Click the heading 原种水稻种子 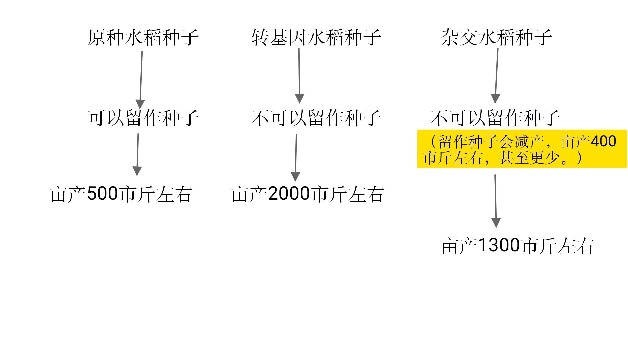(x=143, y=37)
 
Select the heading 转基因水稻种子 (x=316, y=37)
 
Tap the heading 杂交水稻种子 (x=496, y=37)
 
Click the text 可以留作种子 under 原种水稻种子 (x=143, y=118)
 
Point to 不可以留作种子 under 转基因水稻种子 (x=316, y=118)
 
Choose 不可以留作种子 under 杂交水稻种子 (x=495, y=118)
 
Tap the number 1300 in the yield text (x=499, y=246)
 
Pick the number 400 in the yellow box (x=603, y=142)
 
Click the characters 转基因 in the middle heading (x=279, y=37)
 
